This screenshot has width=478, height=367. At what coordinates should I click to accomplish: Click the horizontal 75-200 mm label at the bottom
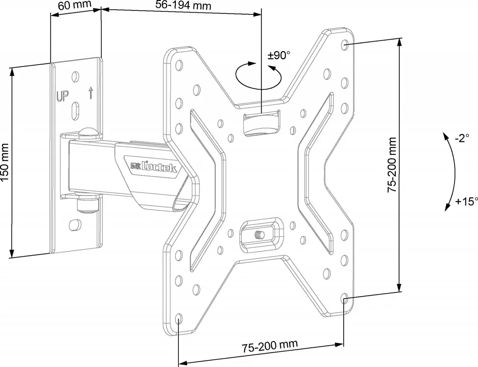pyautogui.click(x=270, y=346)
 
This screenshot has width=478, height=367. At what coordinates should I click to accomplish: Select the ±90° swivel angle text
pyautogui.click(x=279, y=56)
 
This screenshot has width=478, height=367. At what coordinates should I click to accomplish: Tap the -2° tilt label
pyautogui.click(x=462, y=138)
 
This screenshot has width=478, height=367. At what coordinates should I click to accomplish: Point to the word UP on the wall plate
pyautogui.click(x=62, y=96)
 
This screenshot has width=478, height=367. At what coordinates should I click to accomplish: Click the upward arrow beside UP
pyautogui.click(x=90, y=92)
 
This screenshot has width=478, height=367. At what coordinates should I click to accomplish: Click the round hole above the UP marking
pyautogui.click(x=75, y=77)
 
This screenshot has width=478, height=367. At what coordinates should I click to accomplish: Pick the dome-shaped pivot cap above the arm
pyautogui.click(x=88, y=132)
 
